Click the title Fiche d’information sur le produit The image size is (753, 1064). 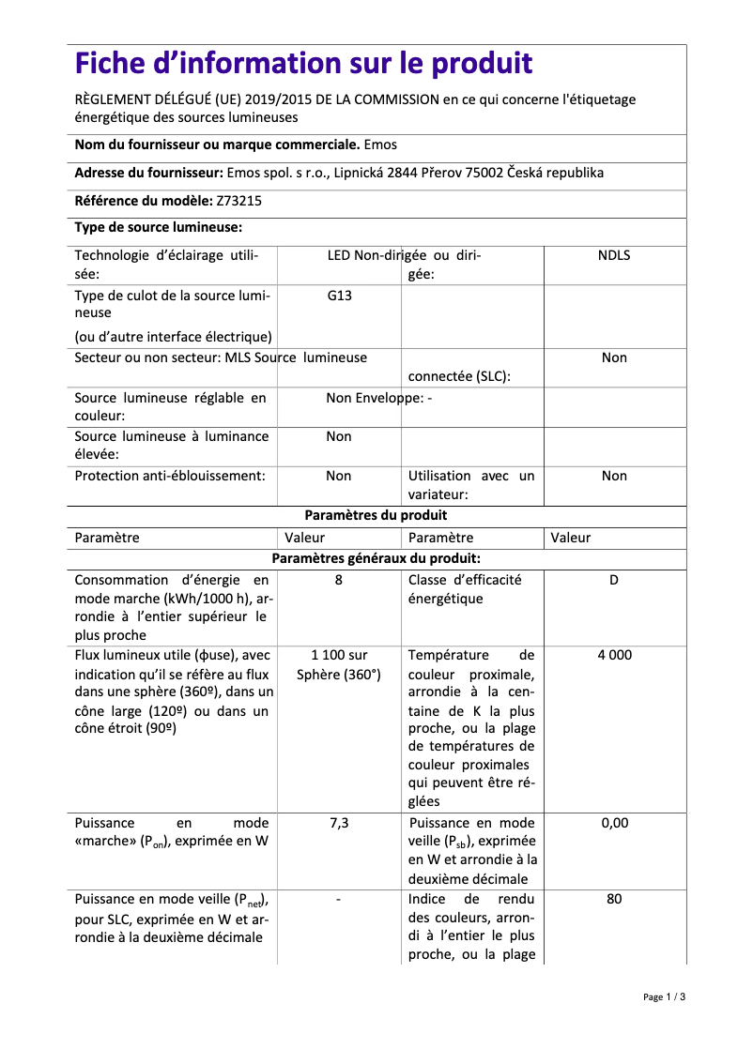tap(303, 64)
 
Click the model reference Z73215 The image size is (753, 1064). tap(240, 200)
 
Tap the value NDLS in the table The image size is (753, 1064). tap(614, 255)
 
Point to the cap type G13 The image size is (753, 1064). tap(339, 295)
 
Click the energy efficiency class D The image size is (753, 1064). tap(614, 580)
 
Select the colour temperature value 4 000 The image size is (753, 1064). tap(614, 655)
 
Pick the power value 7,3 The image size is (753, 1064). tap(339, 823)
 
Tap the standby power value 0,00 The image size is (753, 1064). tap(614, 823)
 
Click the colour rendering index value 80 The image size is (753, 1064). tap(614, 899)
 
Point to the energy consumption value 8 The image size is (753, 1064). tap(339, 580)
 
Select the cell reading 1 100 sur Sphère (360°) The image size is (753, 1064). tap(339, 664)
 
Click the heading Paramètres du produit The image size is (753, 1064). tap(376, 515)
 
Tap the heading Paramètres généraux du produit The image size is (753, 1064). tap(376, 558)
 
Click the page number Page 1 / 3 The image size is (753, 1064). tap(664, 996)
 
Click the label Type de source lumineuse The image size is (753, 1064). tap(159, 227)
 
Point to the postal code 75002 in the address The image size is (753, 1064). tap(485, 173)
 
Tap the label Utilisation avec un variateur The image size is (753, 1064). tap(470, 485)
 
